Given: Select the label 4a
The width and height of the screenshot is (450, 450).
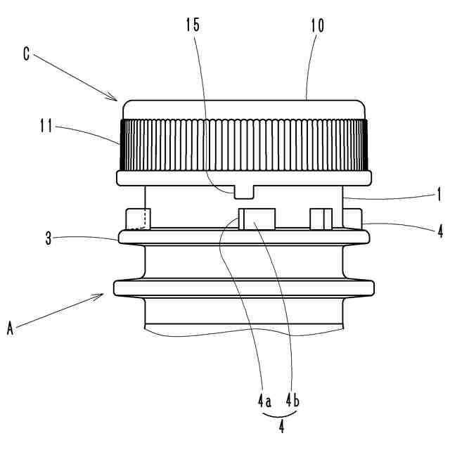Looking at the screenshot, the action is tap(264, 401).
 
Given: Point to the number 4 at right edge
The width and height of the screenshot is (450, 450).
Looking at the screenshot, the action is tap(440, 231).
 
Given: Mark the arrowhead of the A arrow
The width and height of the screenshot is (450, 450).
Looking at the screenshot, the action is tap(104, 297).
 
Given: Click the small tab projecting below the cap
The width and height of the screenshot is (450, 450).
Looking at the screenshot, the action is tap(243, 191).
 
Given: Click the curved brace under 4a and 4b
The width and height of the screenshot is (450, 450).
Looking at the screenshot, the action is tap(280, 415).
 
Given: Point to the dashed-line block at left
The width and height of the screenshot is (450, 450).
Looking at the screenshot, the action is tap(138, 219).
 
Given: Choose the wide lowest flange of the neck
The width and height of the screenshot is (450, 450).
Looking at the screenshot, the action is tap(243, 287).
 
